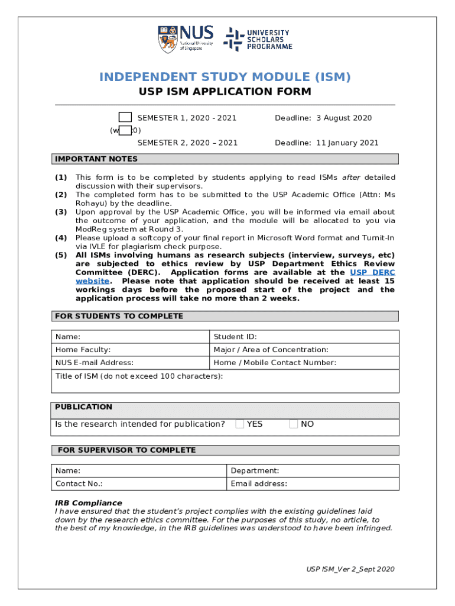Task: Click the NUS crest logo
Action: click(168, 39)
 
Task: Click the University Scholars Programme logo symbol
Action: click(233, 39)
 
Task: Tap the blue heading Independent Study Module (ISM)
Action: click(225, 77)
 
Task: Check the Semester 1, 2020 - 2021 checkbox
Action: click(125, 117)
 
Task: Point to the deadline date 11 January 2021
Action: click(347, 143)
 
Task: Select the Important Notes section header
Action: click(96, 159)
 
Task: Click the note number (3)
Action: click(61, 212)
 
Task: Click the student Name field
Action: click(130, 337)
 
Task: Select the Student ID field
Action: click(304, 337)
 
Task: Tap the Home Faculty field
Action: click(130, 350)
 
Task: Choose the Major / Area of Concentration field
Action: click(304, 350)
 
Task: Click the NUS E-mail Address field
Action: click(130, 363)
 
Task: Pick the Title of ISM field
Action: click(225, 381)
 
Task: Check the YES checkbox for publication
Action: click(240, 424)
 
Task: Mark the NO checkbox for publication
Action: click(294, 424)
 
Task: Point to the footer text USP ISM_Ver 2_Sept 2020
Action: click(350, 569)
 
